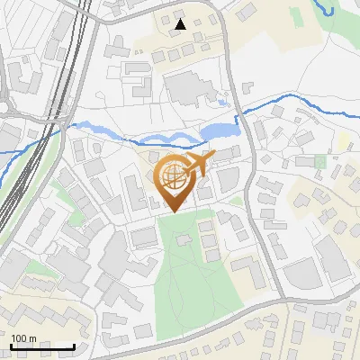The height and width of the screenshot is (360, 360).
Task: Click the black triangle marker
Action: coord(182,24)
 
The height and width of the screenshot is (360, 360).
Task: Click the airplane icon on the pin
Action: coord(196,165)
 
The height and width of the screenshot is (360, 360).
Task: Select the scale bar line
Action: coord(42,346)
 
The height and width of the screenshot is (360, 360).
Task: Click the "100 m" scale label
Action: coord(23,338)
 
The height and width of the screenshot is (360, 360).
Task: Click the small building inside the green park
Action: coord(184,239)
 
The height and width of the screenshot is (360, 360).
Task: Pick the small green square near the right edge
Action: coord(320,161)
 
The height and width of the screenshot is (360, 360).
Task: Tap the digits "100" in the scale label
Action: coord(19,338)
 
